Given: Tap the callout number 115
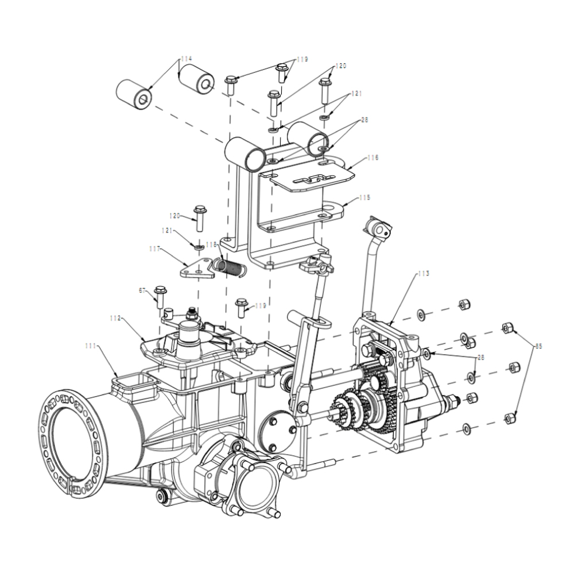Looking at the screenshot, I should tap(364, 197).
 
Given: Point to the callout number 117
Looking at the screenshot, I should tap(153, 249).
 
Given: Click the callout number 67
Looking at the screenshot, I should tap(142, 291).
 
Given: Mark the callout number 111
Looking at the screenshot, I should tap(90, 346).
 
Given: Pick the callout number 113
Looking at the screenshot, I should tap(423, 274).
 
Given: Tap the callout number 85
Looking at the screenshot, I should tap(538, 346).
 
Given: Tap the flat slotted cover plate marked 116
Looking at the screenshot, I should tap(310, 180).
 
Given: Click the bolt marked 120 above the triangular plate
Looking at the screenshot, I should tap(200, 218).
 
